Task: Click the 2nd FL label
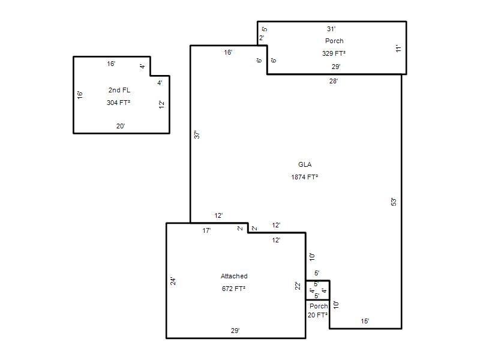tap(119, 90)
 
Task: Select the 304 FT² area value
tap(118, 103)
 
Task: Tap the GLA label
tap(305, 164)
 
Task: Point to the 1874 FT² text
tap(305, 177)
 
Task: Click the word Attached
tap(234, 276)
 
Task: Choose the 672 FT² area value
tap(233, 289)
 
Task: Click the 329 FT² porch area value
tap(334, 53)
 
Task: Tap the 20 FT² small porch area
tap(318, 315)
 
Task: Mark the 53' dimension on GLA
tap(394, 202)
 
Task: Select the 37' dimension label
tap(197, 134)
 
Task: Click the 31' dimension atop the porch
tap(331, 29)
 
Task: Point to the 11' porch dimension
tap(398, 49)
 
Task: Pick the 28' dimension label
tap(334, 81)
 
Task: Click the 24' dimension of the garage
tap(173, 281)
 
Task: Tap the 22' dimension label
tap(298, 286)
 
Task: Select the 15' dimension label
tap(365, 321)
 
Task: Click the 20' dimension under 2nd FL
tap(121, 126)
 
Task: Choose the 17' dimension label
tap(206, 230)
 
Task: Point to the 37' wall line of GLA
tap(190, 134)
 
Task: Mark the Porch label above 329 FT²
tap(334, 41)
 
